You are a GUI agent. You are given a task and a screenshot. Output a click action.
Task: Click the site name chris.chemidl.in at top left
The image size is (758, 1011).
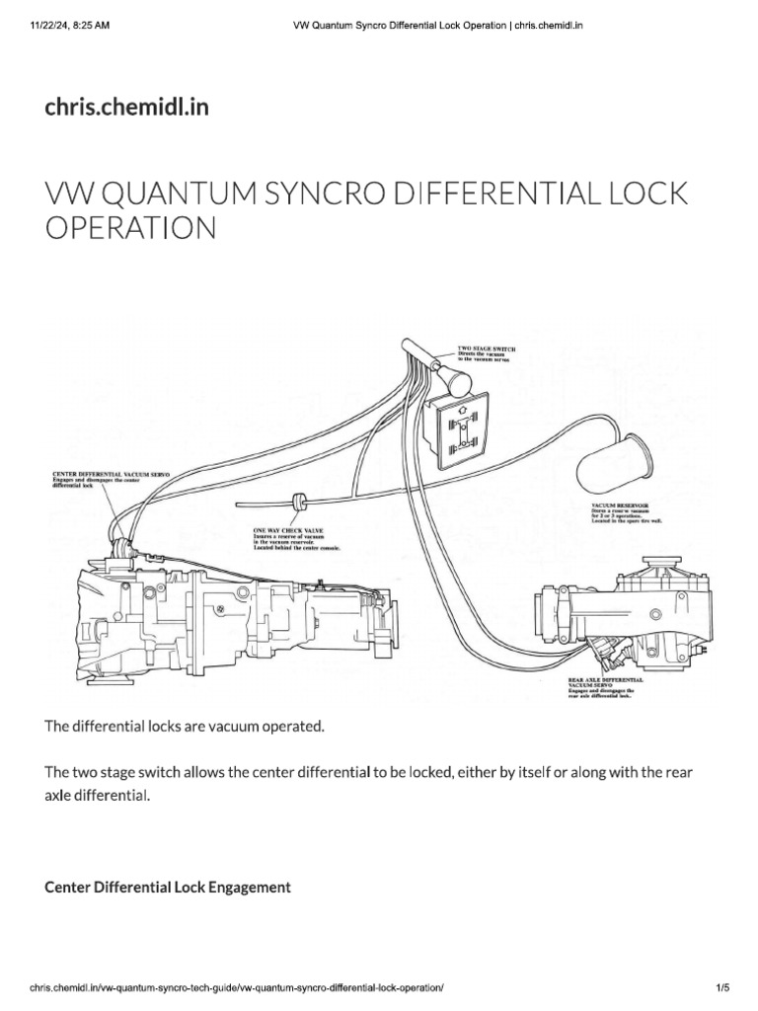126,108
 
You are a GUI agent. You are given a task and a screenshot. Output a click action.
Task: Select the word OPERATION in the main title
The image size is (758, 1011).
130,229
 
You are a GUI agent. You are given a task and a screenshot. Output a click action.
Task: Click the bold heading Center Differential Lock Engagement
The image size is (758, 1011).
168,888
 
